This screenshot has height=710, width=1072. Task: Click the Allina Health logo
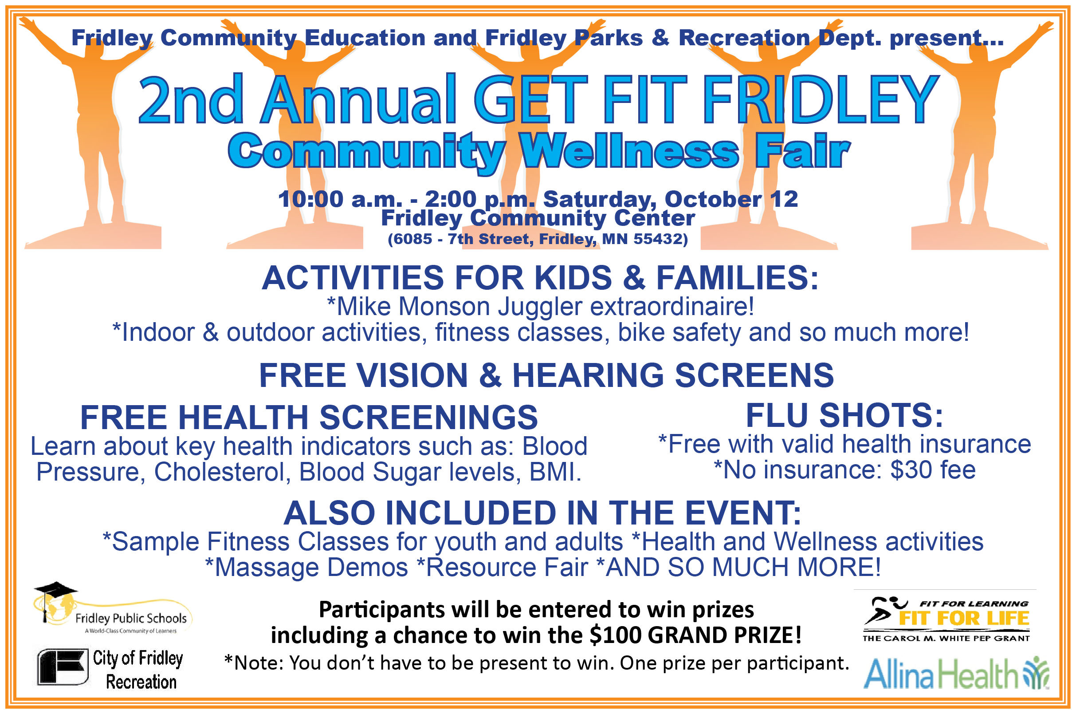pyautogui.click(x=956, y=673)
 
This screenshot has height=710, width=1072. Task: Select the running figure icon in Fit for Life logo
pyautogui.click(x=885, y=611)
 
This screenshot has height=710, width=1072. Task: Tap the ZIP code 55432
pyautogui.click(x=657, y=239)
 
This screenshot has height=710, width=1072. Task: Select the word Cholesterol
pyautogui.click(x=222, y=472)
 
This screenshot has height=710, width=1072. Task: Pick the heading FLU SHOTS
pyautogui.click(x=844, y=415)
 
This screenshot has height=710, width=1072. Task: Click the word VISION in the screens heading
pyautogui.click(x=412, y=375)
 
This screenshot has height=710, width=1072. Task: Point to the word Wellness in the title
pyautogui.click(x=630, y=151)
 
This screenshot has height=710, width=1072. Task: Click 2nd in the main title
pyautogui.click(x=191, y=99)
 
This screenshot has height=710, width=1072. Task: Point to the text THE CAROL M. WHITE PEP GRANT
pyautogui.click(x=946, y=638)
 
